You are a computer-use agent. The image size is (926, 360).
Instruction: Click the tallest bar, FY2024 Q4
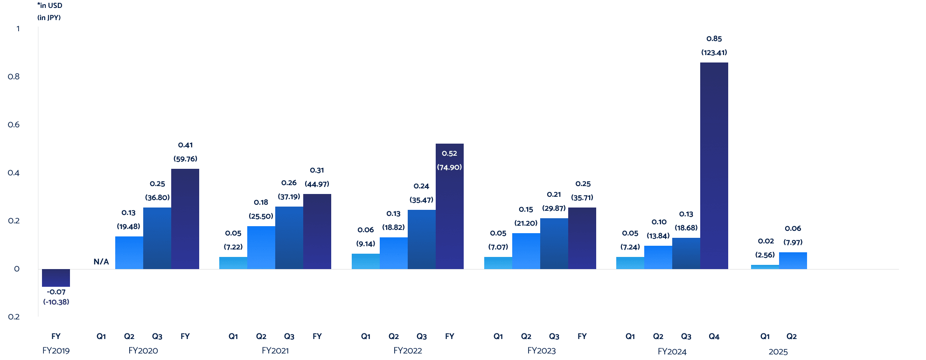pyautogui.click(x=714, y=166)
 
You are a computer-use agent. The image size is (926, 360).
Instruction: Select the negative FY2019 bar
pyautogui.click(x=56, y=277)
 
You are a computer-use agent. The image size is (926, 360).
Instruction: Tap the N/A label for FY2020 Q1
pyautogui.click(x=101, y=262)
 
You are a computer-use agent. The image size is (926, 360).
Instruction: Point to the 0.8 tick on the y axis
pyautogui.click(x=14, y=76)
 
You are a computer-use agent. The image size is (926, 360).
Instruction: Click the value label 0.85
pyautogui.click(x=714, y=39)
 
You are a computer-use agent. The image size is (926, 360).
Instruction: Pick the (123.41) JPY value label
pyautogui.click(x=714, y=53)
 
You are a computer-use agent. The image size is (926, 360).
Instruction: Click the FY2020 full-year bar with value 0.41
pyautogui.click(x=185, y=219)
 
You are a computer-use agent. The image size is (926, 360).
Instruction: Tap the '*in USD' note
pyautogui.click(x=49, y=6)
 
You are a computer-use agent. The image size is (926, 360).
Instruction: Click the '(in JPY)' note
pyautogui.click(x=49, y=18)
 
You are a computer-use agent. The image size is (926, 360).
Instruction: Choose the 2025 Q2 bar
pyautogui.click(x=793, y=261)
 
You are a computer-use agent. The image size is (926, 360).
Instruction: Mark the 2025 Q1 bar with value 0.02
pyautogui.click(x=765, y=267)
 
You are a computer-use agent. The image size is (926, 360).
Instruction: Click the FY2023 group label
pyautogui.click(x=541, y=351)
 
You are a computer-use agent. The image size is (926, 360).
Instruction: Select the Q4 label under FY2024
pyautogui.click(x=714, y=336)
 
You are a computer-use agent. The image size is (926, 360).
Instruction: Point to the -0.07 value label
pyautogui.click(x=56, y=292)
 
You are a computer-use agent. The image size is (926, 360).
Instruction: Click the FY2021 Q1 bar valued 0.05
pyautogui.click(x=233, y=263)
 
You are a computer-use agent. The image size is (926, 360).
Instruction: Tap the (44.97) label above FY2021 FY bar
pyautogui.click(x=317, y=184)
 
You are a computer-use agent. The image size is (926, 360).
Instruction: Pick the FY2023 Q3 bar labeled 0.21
pyautogui.click(x=554, y=243)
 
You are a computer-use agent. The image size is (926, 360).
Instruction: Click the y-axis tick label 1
pyautogui.click(x=18, y=29)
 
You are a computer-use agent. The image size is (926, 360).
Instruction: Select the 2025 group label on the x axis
pyautogui.click(x=778, y=352)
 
